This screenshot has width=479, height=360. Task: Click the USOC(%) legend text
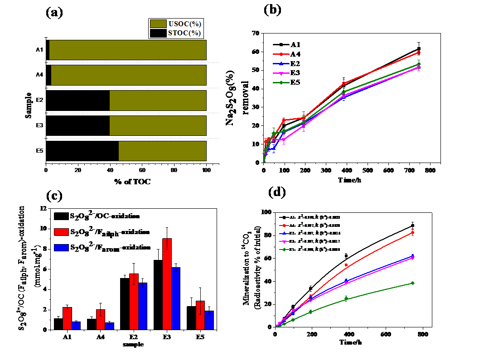185,24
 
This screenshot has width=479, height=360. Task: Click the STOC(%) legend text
185,33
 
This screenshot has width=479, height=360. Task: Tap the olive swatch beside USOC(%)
158,24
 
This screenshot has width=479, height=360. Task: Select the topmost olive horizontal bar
128,50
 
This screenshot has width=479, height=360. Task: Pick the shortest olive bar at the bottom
162,151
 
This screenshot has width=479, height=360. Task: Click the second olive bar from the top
129,75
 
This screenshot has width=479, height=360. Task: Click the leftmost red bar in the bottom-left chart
67,318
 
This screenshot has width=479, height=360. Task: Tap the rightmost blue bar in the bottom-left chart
209,320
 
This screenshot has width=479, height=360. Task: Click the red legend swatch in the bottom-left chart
61,232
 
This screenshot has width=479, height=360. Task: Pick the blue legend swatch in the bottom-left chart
61,248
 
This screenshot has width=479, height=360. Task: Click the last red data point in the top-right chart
419,52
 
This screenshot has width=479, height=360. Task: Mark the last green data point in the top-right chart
419,64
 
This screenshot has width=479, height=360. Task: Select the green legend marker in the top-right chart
281,82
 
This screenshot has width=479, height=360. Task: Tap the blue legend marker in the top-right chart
281,63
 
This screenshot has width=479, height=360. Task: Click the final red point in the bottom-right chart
412,233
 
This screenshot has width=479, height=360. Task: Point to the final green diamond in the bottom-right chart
412,283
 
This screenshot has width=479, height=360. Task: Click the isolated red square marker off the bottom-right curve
346,265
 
